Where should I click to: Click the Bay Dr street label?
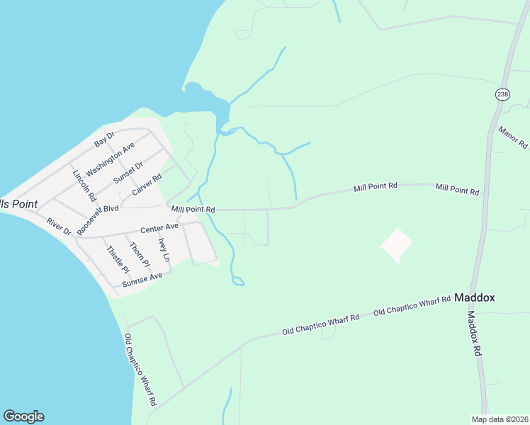[104, 139]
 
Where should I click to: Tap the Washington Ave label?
[111, 160]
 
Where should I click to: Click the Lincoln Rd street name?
[84, 185]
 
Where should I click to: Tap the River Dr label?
[60, 227]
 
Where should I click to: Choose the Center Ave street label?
[159, 227]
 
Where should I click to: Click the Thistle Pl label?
[118, 260]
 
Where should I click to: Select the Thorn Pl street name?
[140, 255]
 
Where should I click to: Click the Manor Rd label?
[513, 137]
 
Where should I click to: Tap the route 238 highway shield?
[502, 94]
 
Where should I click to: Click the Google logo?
[23, 416]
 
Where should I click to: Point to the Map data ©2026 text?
[500, 419]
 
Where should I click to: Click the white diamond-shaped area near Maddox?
[397, 245]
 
